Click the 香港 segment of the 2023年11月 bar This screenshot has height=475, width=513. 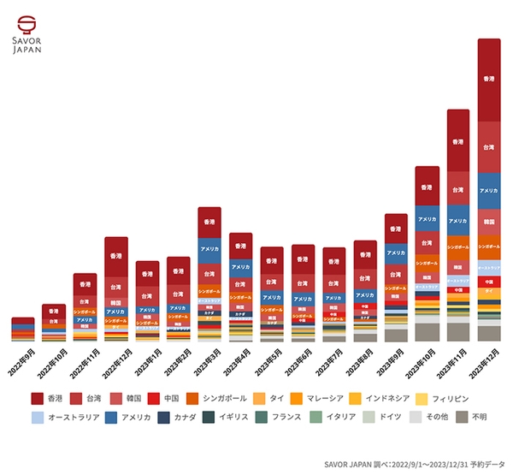tap(457, 140)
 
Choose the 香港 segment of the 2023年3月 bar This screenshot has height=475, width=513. tap(209, 222)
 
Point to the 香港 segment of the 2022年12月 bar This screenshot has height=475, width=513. tap(116, 256)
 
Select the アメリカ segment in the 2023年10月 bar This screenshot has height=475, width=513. tap(427, 219)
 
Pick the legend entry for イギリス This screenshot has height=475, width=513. tap(223, 418)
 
